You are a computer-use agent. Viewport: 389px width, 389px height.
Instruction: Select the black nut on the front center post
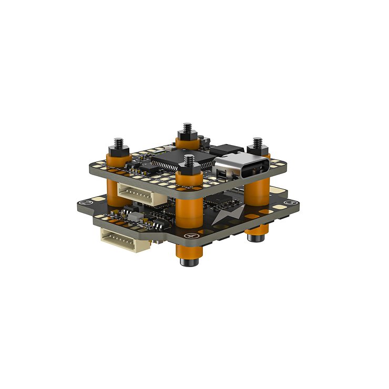[x=189, y=167]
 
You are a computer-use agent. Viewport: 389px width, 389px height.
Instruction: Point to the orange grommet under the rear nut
[x=185, y=142]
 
